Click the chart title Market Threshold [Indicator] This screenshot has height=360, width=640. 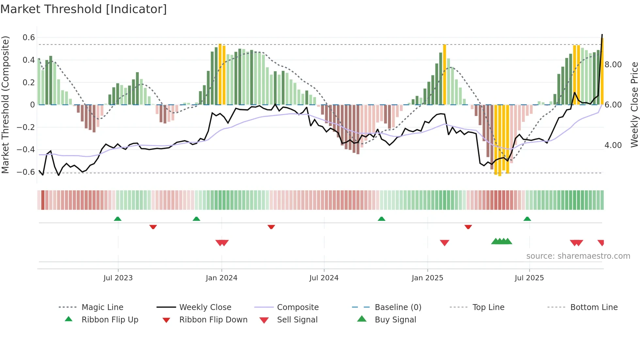coord(84,9)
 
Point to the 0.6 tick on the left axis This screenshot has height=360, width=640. coord(29,38)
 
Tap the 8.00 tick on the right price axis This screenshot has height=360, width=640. coord(613,65)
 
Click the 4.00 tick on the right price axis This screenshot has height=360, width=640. coord(613,145)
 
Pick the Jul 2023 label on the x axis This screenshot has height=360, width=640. coord(118,278)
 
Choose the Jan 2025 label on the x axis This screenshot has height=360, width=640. coord(427,278)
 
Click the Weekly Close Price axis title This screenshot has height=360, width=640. coord(634,105)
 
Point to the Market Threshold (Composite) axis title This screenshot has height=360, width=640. coord(5,105)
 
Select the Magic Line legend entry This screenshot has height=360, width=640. coord(102,307)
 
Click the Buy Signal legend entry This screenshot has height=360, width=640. coord(395,320)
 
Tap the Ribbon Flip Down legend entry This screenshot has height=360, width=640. coord(213,320)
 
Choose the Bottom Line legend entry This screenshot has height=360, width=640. coord(594,307)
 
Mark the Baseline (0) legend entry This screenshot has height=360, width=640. coord(398,307)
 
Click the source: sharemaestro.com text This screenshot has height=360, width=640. coord(578,256)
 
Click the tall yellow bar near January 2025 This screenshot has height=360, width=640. coord(444,74)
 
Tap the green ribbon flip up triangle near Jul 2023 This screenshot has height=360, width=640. coord(118,219)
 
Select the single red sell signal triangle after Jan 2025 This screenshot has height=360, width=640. coord(444,243)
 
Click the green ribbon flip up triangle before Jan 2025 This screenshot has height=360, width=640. coord(381,219)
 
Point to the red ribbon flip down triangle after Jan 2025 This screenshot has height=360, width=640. coord(468,227)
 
